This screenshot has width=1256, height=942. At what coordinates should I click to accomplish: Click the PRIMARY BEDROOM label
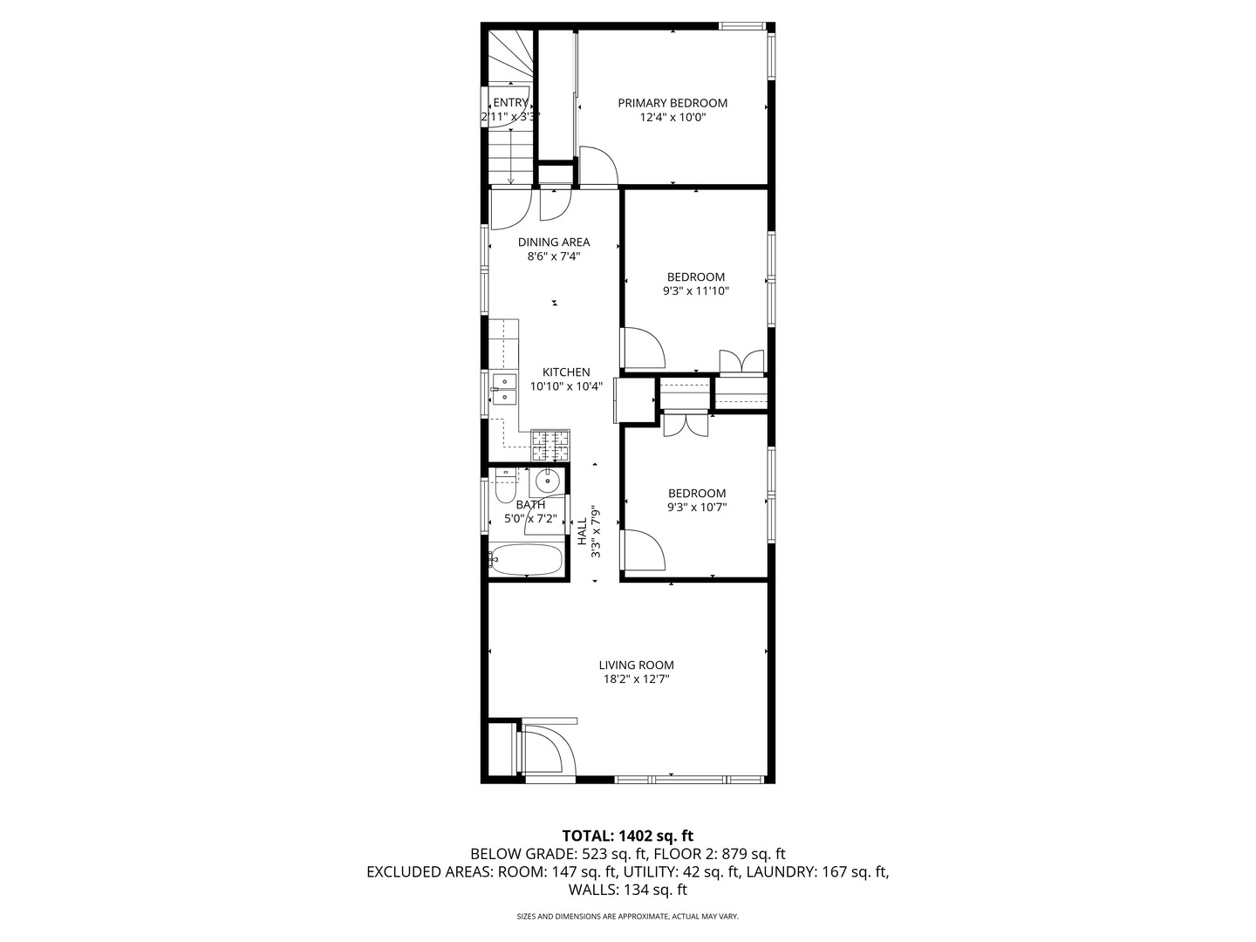coord(672,103)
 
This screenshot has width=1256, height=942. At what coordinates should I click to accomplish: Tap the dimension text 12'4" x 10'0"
coord(672,118)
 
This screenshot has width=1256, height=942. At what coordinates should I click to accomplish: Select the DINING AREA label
coord(554,242)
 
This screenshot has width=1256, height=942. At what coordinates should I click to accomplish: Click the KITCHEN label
coord(566,372)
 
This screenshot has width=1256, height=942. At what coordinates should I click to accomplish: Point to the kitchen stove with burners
coord(550,446)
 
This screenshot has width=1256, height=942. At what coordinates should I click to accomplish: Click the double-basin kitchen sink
coord(503,388)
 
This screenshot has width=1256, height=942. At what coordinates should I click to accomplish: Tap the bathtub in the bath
coord(526,560)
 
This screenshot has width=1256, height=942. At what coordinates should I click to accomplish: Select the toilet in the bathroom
coord(503,488)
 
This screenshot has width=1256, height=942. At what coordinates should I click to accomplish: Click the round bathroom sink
coord(547,480)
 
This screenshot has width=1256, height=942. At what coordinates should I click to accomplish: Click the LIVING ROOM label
coord(636,666)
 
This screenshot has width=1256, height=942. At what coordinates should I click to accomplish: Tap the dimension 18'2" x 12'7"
coord(636,679)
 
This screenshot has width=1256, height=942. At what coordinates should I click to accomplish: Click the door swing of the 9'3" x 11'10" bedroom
coord(643,348)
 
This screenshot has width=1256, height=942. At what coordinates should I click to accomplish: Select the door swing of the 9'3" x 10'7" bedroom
coord(643,549)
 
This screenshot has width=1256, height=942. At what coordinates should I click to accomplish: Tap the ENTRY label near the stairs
coord(510,103)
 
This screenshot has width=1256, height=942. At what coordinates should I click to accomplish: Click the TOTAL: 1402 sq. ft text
coord(627,836)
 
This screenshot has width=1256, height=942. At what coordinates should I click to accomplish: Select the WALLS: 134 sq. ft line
coord(627,891)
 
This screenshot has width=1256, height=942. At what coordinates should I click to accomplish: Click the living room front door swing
coord(549,749)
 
